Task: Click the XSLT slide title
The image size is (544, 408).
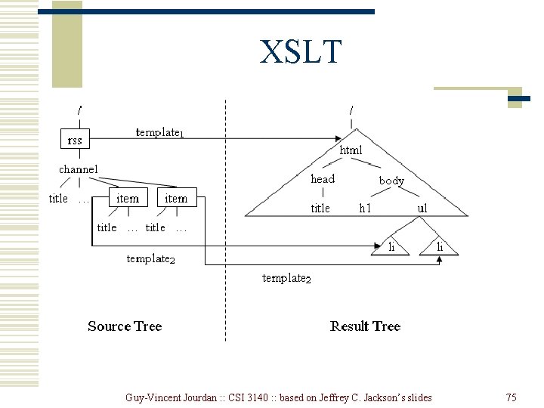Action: click(x=301, y=52)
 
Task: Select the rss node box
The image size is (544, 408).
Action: click(x=76, y=139)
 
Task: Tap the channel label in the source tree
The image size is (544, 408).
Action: click(x=79, y=169)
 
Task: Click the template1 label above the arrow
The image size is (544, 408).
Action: click(x=159, y=132)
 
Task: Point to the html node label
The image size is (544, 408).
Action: click(x=351, y=150)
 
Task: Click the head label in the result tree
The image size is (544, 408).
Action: click(x=323, y=179)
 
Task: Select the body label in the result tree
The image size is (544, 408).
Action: click(x=391, y=181)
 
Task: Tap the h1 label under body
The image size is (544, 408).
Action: click(x=366, y=208)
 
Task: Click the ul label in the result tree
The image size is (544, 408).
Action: click(x=422, y=208)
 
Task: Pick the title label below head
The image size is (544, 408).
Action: click(x=320, y=208)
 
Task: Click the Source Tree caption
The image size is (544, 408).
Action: click(x=125, y=326)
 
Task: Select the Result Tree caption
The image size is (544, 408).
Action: click(x=365, y=326)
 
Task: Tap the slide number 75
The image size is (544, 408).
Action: click(x=511, y=397)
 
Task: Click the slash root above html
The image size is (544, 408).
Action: click(x=351, y=110)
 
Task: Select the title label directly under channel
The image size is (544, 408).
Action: click(x=58, y=199)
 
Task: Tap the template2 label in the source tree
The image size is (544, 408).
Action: click(x=150, y=259)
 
